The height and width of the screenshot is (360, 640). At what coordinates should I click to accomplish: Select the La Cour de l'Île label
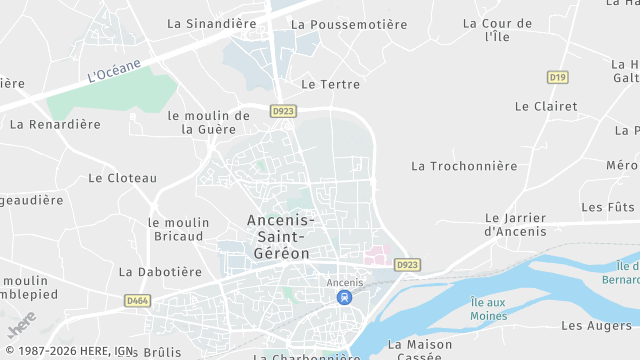(x=498, y=30)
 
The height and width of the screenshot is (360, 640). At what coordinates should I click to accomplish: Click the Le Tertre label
(x=330, y=85)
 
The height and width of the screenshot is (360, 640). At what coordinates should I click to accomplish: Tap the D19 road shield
(x=558, y=77)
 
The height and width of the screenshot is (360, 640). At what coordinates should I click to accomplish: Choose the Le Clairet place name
(x=546, y=106)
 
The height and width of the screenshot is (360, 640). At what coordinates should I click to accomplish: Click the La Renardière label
(x=55, y=125)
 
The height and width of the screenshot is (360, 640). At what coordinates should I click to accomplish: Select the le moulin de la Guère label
(x=209, y=122)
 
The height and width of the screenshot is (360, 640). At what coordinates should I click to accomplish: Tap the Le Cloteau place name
(x=123, y=178)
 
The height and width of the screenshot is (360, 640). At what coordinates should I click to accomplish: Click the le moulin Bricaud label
(x=179, y=229)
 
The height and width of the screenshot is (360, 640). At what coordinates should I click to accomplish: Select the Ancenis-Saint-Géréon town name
(x=281, y=237)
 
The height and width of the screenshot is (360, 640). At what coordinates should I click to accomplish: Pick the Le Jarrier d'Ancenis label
(x=516, y=225)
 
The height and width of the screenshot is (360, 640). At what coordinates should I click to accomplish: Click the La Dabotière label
(x=154, y=271)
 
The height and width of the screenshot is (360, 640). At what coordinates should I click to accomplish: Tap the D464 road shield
(x=137, y=299)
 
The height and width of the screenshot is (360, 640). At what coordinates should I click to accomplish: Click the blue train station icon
(x=345, y=298)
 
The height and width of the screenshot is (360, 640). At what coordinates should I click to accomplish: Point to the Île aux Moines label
(x=489, y=309)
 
